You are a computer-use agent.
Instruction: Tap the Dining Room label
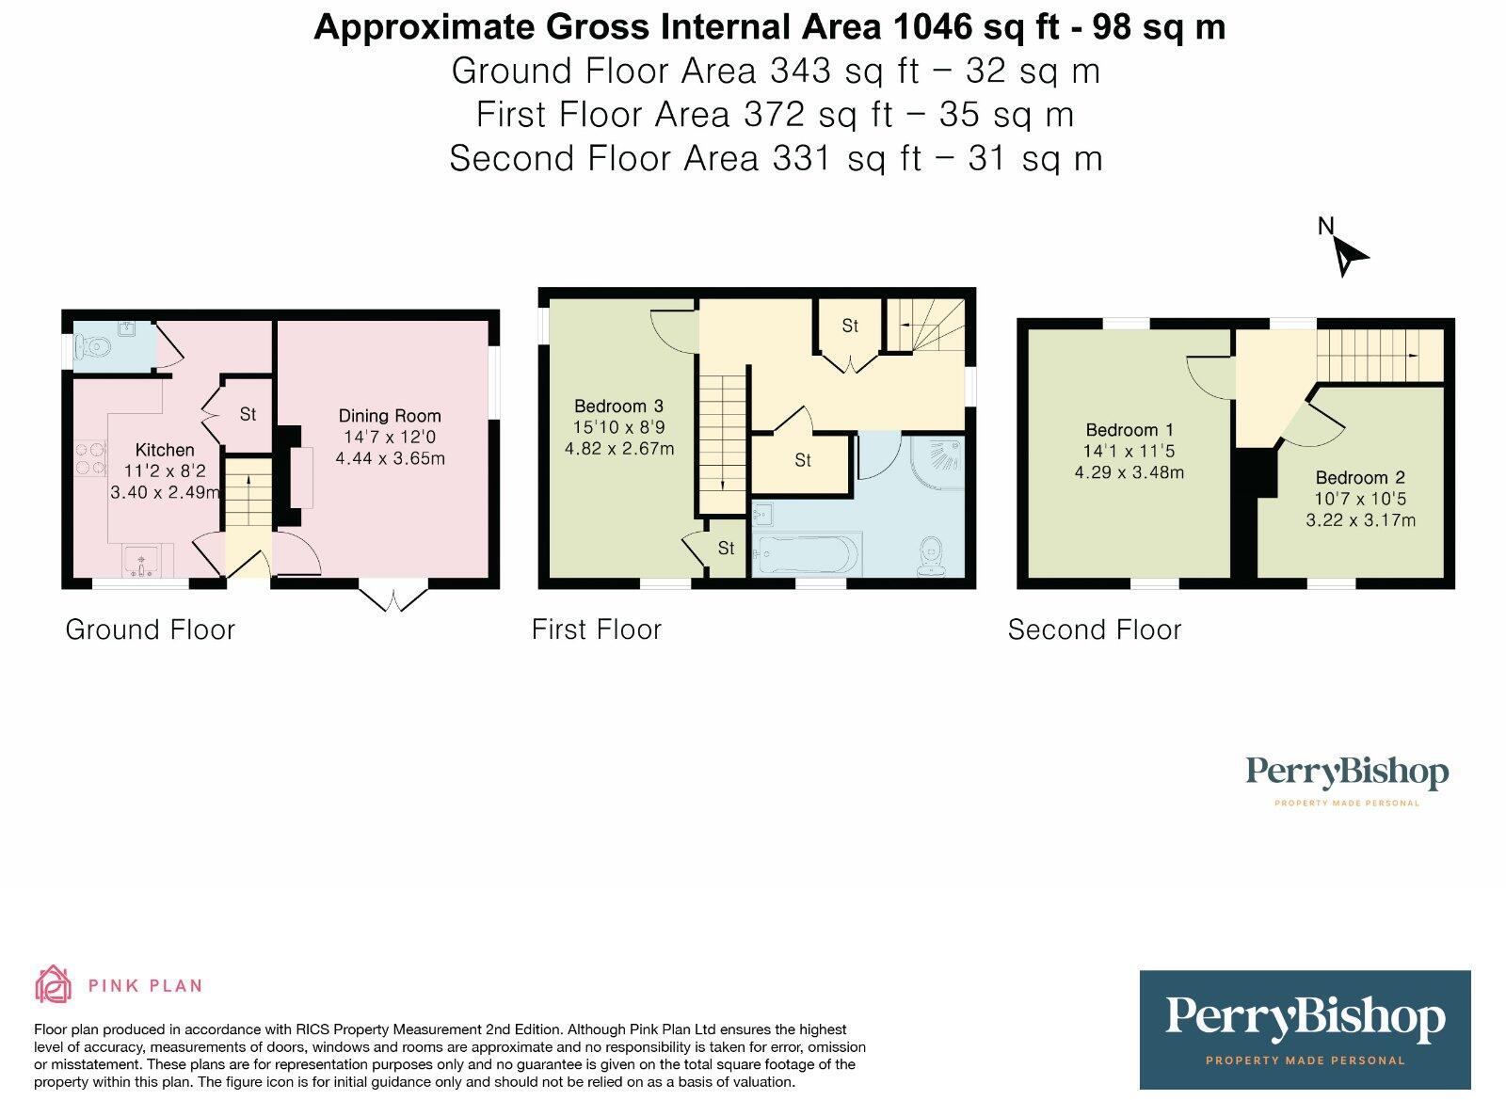[x=390, y=416]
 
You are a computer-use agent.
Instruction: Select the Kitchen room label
[x=165, y=450]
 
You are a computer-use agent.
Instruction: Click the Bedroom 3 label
[x=618, y=406]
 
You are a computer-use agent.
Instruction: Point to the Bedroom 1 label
[x=1129, y=429]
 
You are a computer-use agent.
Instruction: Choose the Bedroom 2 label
[x=1360, y=477]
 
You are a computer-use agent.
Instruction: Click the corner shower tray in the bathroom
[x=937, y=463]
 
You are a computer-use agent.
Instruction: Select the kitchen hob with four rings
[x=90, y=458]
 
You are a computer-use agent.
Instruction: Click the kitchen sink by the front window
[x=140, y=561]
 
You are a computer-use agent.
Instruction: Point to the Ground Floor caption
[x=151, y=630]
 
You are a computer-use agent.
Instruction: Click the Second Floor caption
[x=1095, y=630]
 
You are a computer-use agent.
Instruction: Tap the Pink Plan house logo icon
[x=53, y=984]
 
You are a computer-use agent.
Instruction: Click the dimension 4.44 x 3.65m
[x=390, y=458]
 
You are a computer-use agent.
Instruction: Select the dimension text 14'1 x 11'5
[x=1129, y=451]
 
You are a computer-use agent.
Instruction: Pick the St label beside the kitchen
[x=248, y=414]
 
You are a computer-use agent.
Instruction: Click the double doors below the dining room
[x=393, y=599]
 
